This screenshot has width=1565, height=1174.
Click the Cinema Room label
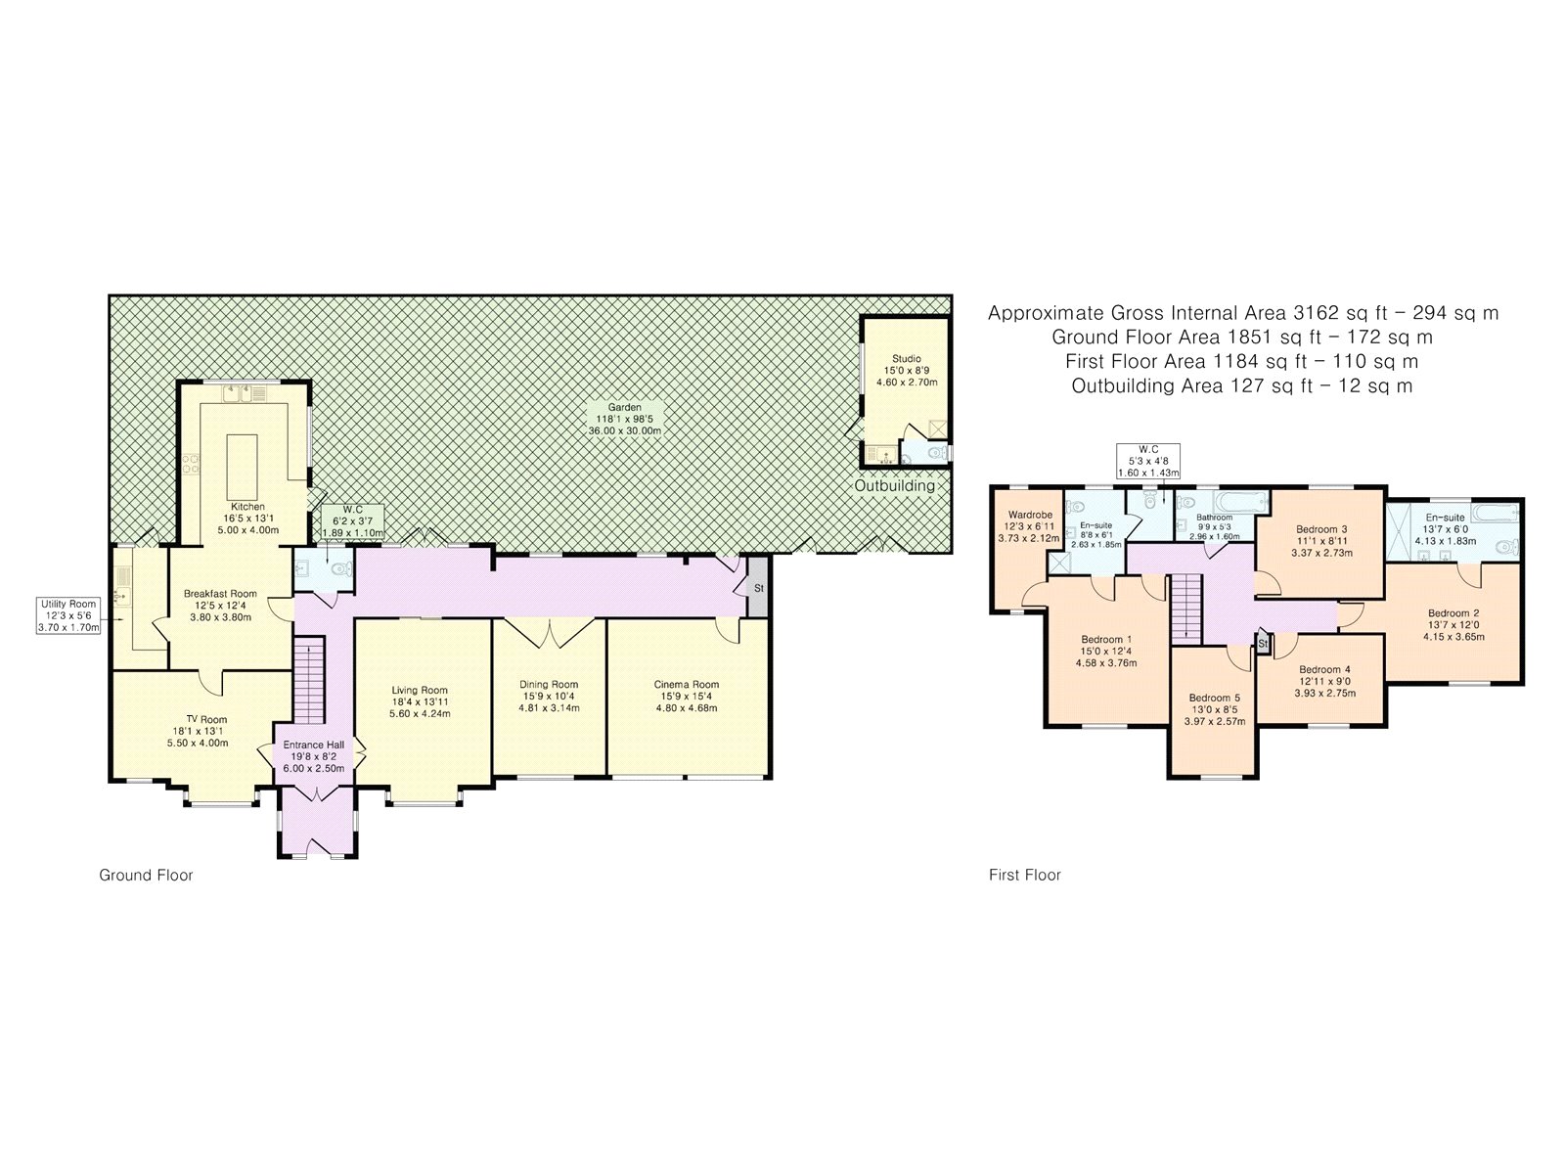pyautogui.click(x=686, y=684)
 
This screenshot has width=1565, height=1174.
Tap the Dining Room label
pyautogui.click(x=549, y=684)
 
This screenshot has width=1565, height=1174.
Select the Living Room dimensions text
pyautogui.click(x=420, y=707)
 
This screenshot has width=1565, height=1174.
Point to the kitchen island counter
pyautogui.click(x=242, y=468)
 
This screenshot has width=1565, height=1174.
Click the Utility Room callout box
pyautogui.click(x=67, y=616)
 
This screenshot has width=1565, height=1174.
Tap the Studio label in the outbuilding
pyautogui.click(x=906, y=358)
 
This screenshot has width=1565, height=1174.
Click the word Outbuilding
pyautogui.click(x=895, y=485)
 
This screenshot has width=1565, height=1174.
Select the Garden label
pyautogui.click(x=625, y=408)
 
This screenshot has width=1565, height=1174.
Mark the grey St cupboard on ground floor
pyautogui.click(x=758, y=587)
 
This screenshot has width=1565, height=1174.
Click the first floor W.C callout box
pyautogui.click(x=1148, y=461)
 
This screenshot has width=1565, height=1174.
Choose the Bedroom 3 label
pyautogui.click(x=1321, y=529)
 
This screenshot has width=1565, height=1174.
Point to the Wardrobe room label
pyautogui.click(x=1030, y=515)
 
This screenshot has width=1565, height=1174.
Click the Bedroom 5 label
pyautogui.click(x=1214, y=698)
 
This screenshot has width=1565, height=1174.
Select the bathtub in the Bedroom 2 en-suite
pyautogui.click(x=1494, y=514)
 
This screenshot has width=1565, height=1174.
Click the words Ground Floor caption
pyautogui.click(x=146, y=875)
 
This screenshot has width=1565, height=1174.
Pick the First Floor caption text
pyautogui.click(x=1024, y=875)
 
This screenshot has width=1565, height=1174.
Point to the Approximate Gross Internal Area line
pyautogui.click(x=1243, y=313)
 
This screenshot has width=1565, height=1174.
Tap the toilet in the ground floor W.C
pyautogui.click(x=342, y=568)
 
